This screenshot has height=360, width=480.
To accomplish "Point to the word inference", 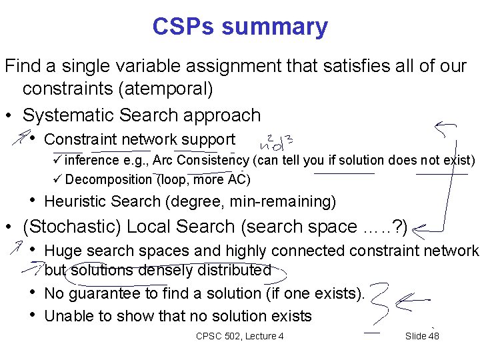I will tap(93, 160).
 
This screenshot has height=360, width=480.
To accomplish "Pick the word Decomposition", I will tap(109, 179).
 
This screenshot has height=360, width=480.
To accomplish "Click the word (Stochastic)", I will tap(72, 227).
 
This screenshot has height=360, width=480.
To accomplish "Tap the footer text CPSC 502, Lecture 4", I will tap(239, 336).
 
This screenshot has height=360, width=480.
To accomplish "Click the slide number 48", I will tap(433, 336).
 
